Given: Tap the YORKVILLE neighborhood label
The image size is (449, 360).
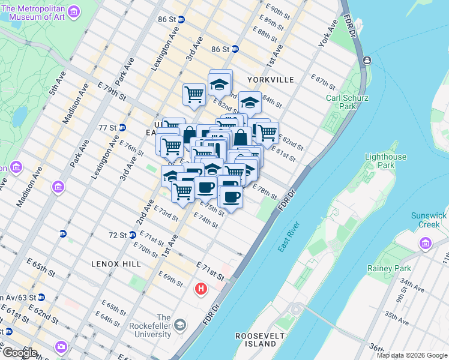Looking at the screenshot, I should coord(270,80).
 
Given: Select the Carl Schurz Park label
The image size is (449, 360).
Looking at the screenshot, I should coord(347,103).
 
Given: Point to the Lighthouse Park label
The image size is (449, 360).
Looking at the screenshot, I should coord(385,161).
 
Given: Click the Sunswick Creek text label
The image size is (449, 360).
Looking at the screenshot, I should coord(429,220).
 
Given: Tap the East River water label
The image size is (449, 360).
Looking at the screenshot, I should coord(288,236).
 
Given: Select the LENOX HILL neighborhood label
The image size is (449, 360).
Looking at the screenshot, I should coord(116,264).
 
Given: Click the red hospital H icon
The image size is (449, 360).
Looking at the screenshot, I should coord(201,289).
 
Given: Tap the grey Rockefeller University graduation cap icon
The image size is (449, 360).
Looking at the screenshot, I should coord(179,326).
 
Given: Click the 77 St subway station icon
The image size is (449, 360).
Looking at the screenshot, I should coord(122,127).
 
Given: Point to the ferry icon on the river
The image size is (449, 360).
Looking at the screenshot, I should coord(366,60).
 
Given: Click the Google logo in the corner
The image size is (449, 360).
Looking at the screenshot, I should coord(19,352).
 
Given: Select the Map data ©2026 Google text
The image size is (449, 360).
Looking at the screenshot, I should coord(411,355).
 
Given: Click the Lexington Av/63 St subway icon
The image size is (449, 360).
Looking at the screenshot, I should coord(41,297).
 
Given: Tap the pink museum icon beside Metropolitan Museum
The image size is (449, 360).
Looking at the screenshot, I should coord(73,11).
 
